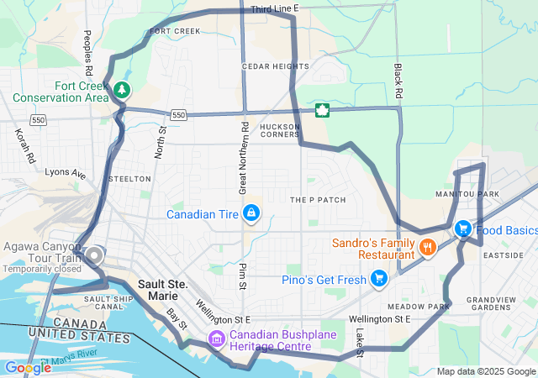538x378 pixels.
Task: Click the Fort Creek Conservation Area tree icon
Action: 123,89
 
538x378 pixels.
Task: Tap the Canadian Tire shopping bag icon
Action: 251,213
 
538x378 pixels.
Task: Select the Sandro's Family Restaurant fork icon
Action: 428,247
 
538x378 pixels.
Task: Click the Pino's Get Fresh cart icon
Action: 379,278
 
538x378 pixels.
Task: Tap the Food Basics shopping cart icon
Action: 462,229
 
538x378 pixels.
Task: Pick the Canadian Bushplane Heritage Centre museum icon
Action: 217,339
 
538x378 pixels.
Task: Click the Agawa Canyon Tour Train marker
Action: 95,255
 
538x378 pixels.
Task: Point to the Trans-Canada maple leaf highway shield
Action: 321,110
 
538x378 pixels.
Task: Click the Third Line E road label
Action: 275,8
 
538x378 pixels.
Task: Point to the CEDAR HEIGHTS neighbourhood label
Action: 275,66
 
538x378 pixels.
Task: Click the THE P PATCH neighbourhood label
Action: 318,200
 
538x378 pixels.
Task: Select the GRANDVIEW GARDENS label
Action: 496,304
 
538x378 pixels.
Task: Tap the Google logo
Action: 28,367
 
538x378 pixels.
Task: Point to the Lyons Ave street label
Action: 66,173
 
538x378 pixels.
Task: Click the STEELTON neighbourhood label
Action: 130,179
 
